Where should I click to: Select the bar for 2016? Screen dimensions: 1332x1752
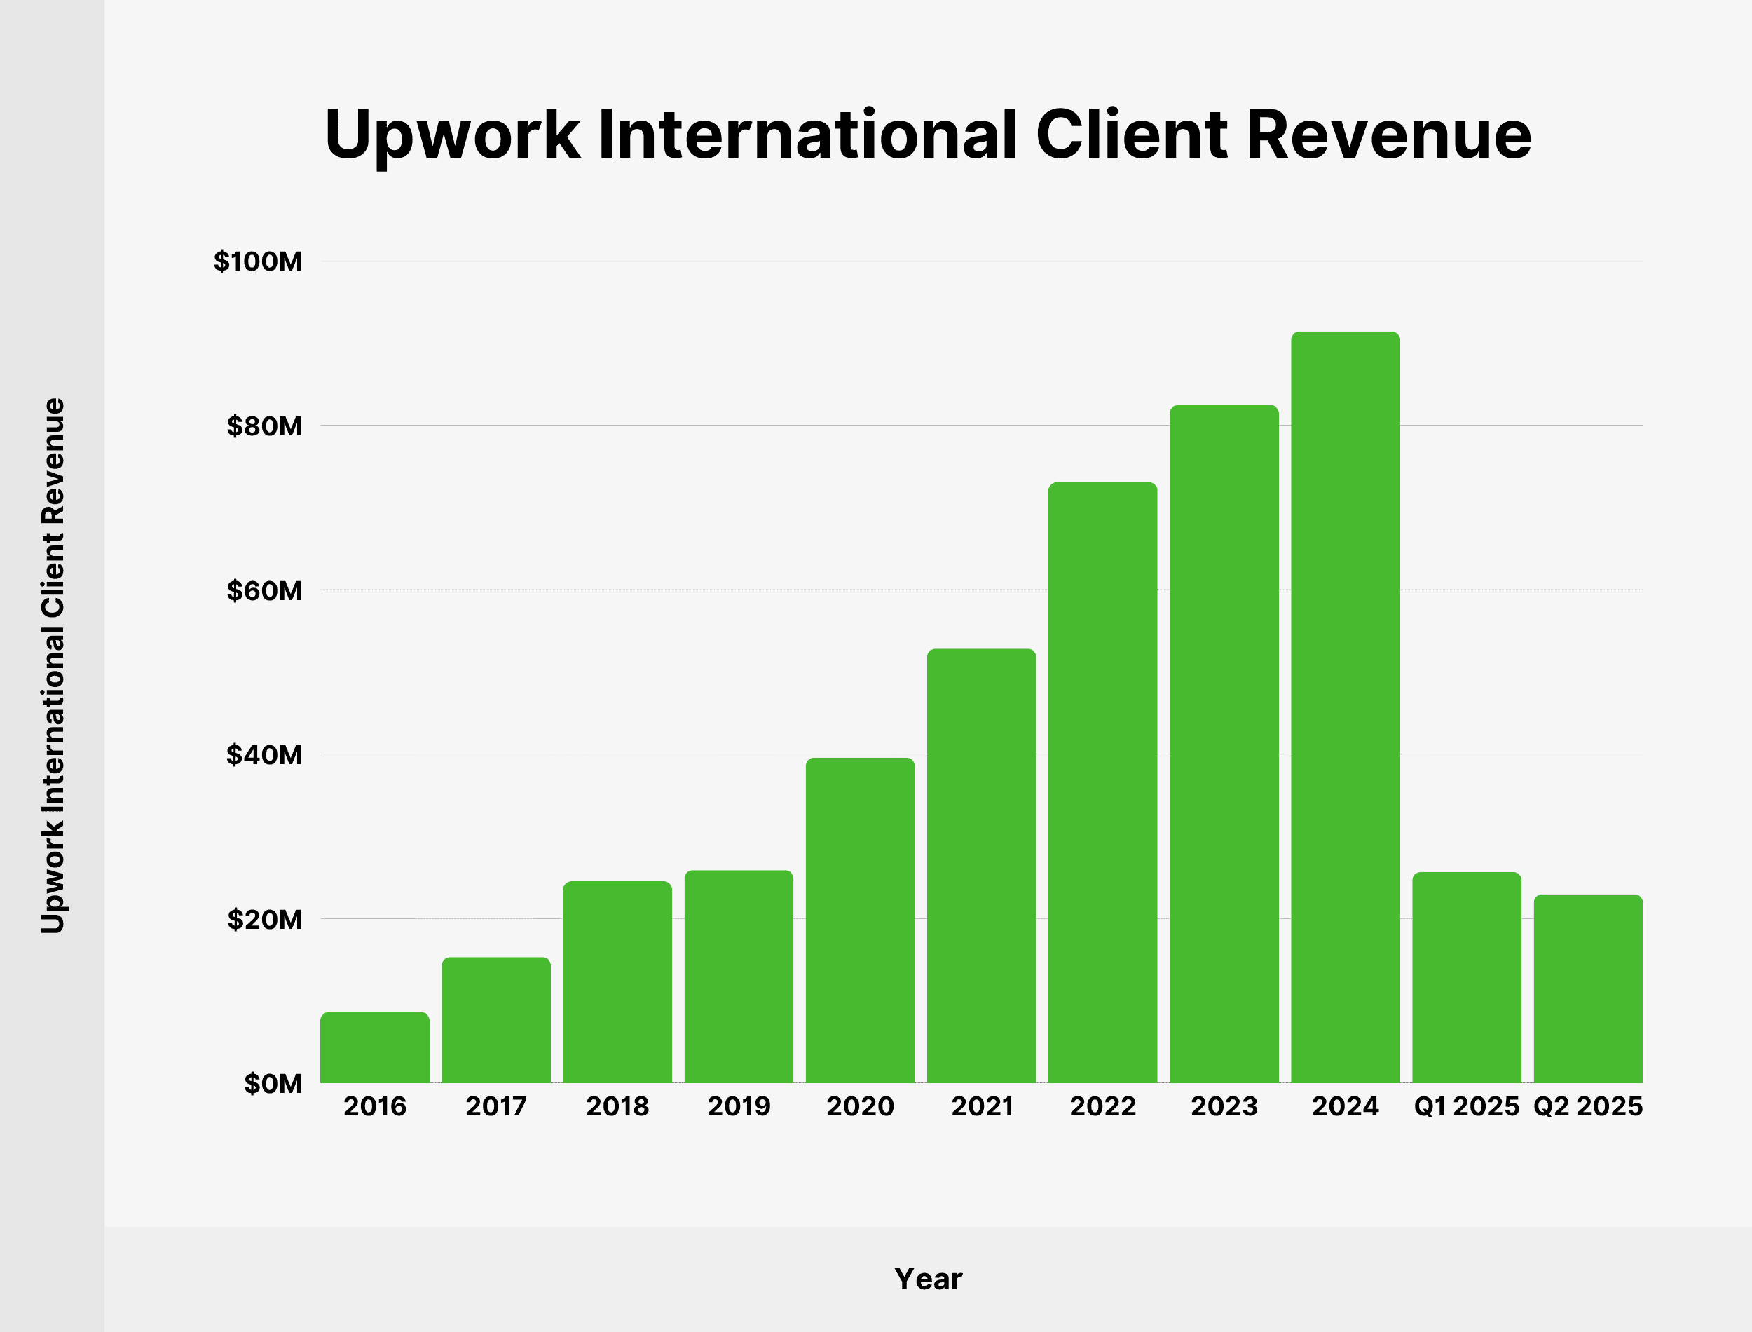374,1047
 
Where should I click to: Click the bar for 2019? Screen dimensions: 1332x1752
739,977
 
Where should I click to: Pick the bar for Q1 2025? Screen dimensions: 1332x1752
1466,977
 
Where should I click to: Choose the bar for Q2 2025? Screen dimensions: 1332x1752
1587,988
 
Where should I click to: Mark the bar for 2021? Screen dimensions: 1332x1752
981,866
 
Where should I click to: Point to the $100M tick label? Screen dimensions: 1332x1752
257,261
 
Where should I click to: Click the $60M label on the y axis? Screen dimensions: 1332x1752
264,591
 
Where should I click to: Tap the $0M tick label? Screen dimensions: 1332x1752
273,1084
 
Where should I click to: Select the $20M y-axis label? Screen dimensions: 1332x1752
264,920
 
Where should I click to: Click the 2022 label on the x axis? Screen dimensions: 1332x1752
1102,1107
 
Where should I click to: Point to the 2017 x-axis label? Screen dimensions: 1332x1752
496,1107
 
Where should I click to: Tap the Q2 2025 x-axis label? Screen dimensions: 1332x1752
1587,1107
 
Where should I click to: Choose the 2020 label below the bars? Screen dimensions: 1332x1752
860,1107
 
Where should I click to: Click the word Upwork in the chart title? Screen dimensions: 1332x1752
452,137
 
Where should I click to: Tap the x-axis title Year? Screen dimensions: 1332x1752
928,1279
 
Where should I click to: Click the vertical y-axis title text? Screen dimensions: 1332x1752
53,666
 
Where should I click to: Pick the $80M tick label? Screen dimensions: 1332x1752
264,426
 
